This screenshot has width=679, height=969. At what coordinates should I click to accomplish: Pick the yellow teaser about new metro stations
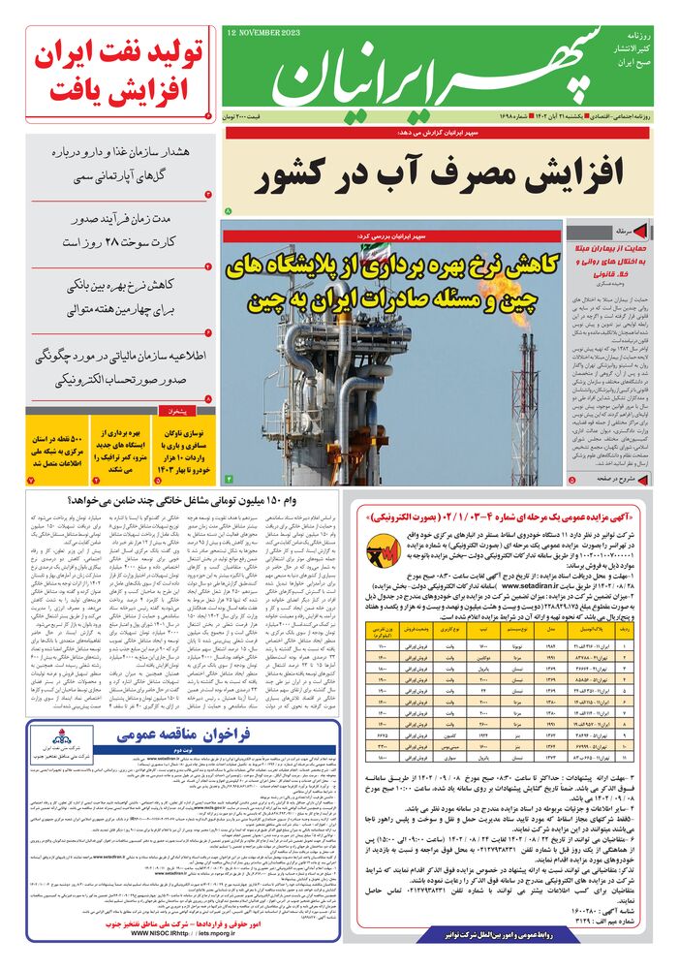pos(123,445)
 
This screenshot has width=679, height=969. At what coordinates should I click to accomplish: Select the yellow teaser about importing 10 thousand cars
pos(189,445)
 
